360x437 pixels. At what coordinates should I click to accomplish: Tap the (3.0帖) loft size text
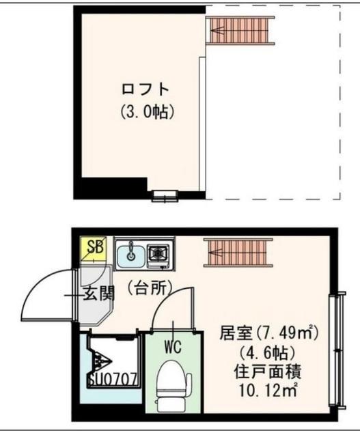tap(146, 111)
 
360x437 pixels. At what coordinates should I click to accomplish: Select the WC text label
tap(171, 346)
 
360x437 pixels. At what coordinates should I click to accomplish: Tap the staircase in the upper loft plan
tap(240, 30)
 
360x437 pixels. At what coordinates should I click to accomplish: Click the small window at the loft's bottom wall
tap(165, 197)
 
